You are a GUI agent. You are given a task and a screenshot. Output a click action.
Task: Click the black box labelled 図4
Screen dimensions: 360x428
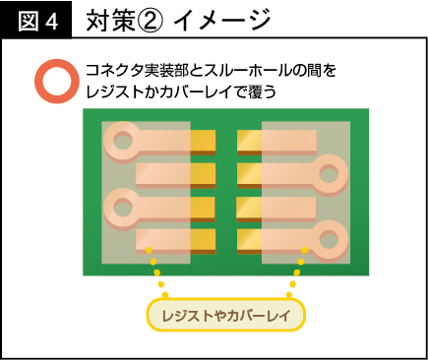(35, 19)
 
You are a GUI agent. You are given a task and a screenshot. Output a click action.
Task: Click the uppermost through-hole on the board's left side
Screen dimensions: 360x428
(122, 140)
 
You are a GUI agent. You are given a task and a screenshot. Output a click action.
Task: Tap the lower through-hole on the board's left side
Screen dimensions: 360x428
(122, 207)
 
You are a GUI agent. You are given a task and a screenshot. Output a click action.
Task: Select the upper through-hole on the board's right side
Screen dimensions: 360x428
(330, 175)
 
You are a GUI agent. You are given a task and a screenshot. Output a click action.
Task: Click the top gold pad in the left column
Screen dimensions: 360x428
(202, 144)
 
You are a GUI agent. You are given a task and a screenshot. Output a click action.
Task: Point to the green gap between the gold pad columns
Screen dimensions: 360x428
(225, 193)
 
